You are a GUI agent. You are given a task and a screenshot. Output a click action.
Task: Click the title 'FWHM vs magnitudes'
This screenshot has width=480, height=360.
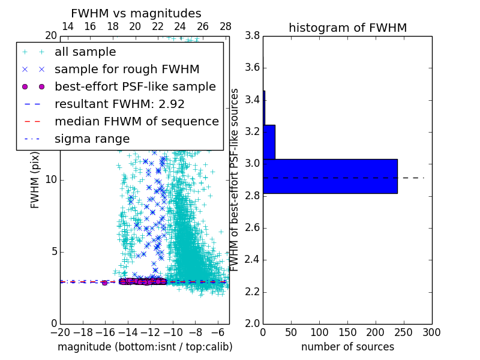[x=136, y=14]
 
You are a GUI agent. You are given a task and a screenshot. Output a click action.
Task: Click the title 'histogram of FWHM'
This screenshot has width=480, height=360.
[x=347, y=28]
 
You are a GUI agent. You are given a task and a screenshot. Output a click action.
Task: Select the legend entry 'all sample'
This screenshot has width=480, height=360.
[x=85, y=52]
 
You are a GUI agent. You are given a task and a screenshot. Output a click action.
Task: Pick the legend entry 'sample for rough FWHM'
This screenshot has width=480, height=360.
[x=127, y=70]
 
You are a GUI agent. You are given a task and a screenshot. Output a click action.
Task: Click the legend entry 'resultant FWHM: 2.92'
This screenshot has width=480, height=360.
[x=119, y=104]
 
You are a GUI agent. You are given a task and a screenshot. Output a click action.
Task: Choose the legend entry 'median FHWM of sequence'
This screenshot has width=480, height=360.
[x=136, y=122]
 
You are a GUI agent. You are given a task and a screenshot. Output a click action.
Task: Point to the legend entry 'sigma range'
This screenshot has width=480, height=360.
[x=92, y=139]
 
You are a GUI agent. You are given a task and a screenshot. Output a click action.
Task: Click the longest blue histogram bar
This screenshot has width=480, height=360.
[x=330, y=176]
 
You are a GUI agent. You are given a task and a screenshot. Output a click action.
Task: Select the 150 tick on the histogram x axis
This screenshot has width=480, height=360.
[x=347, y=332]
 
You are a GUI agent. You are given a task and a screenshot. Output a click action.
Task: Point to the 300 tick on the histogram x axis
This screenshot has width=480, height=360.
[x=432, y=332]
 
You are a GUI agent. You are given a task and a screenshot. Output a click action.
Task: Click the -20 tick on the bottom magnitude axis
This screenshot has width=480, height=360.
[x=60, y=332]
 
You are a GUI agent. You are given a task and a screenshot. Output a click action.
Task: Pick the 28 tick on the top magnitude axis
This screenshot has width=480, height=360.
[x=226, y=26]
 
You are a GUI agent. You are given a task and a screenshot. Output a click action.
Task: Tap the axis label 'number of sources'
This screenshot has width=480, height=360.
[x=347, y=347]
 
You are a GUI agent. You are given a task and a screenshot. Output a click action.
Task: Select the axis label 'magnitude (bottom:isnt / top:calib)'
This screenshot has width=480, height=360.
[x=145, y=347]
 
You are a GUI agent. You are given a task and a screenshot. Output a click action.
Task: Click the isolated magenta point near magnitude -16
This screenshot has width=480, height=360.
[x=104, y=283]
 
